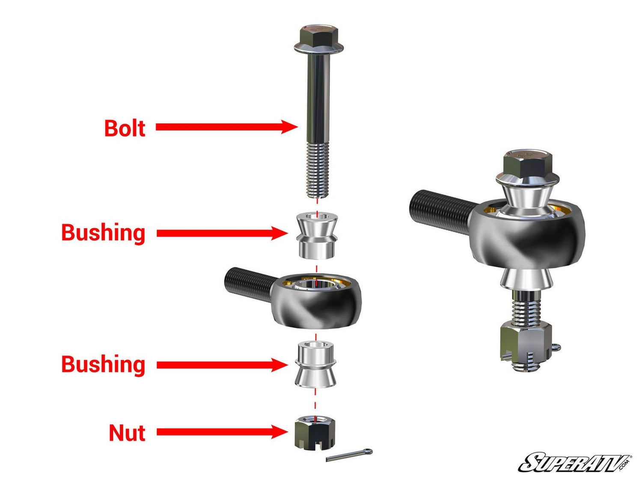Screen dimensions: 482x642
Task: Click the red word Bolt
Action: (x=125, y=128)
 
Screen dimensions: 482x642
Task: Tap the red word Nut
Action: (x=127, y=433)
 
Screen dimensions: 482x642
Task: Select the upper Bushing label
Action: (x=103, y=233)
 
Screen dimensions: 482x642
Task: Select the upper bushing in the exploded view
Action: (x=316, y=236)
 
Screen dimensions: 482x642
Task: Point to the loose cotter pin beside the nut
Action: (x=349, y=455)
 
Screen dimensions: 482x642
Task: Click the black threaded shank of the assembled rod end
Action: (x=441, y=208)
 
